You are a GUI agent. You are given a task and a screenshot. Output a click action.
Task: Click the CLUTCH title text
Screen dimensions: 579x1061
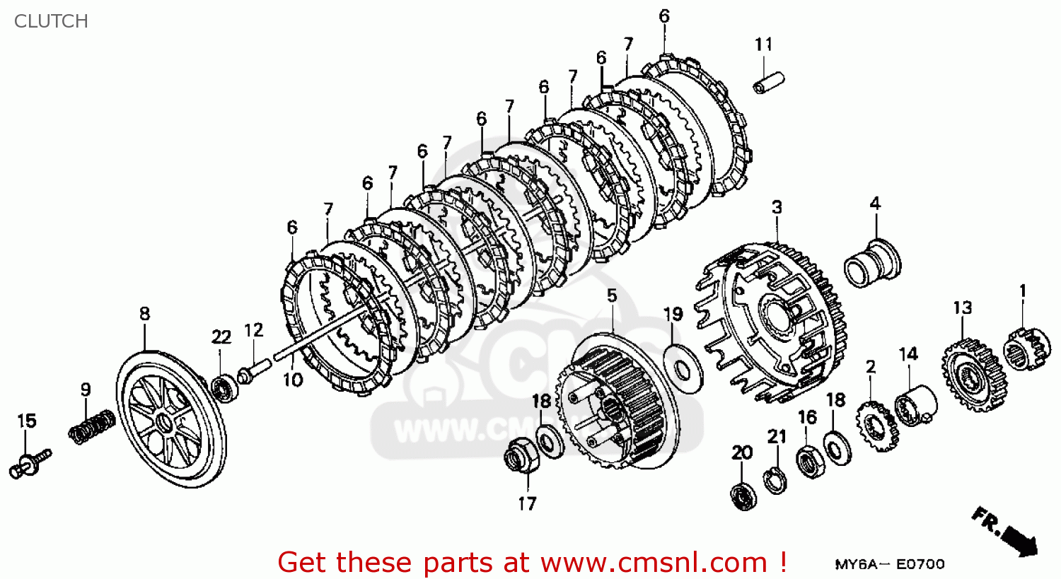pos(51,21)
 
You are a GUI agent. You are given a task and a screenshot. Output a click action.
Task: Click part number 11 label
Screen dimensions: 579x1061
pos(763,45)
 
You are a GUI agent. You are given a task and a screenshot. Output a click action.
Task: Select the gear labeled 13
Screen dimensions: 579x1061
pos(974,375)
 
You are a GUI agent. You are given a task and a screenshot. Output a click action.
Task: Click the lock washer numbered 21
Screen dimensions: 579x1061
pos(776,480)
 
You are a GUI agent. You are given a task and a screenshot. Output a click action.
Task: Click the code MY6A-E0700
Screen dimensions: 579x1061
pos(889,563)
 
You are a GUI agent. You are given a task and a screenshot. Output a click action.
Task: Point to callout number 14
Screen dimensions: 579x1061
pos(908,353)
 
